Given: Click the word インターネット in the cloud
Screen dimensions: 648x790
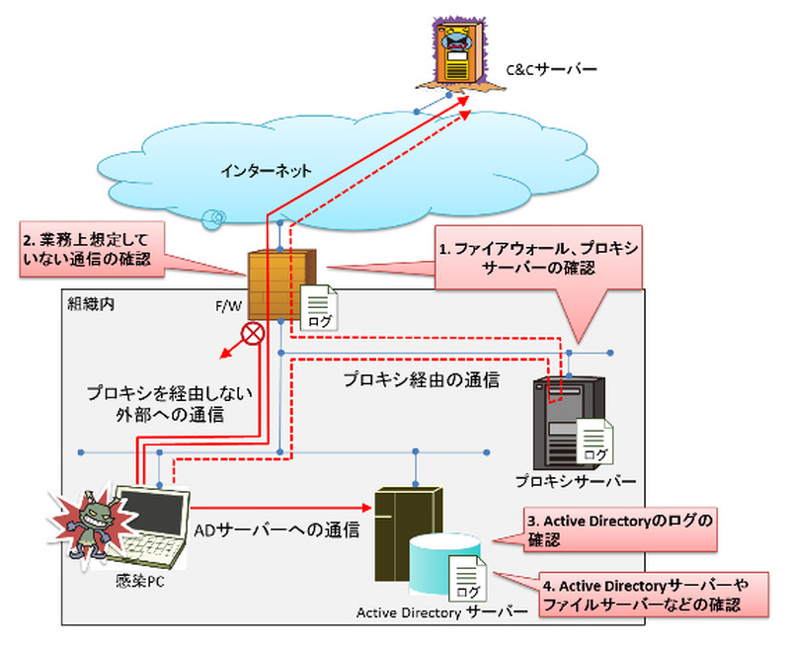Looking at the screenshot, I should pos(267,171).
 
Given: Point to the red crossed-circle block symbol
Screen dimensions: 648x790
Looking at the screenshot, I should pos(254,333).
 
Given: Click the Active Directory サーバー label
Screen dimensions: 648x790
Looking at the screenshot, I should pos(441,612).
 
